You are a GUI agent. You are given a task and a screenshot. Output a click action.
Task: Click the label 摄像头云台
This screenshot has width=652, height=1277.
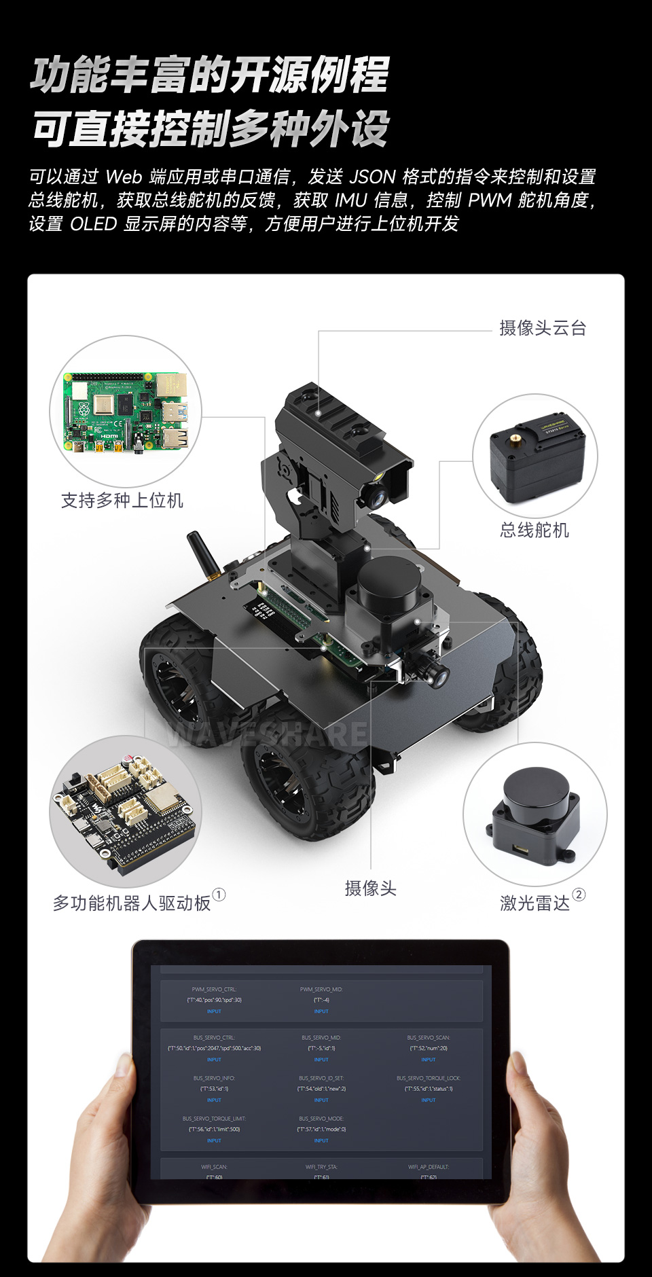pyautogui.click(x=542, y=328)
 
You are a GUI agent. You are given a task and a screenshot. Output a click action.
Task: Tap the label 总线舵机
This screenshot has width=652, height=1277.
pyautogui.click(x=535, y=530)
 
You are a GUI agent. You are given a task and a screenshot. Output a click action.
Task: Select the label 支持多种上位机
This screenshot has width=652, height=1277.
pyautogui.click(x=122, y=501)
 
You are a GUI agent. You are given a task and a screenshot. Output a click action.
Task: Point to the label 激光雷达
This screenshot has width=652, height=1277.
pyautogui.click(x=535, y=903)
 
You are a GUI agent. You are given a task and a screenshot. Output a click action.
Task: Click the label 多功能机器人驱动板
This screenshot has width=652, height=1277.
pyautogui.click(x=132, y=903)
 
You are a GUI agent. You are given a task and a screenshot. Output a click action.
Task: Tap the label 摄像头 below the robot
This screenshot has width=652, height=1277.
pyautogui.click(x=370, y=888)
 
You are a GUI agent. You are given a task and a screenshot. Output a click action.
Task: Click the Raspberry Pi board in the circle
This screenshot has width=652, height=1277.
pyautogui.click(x=126, y=411)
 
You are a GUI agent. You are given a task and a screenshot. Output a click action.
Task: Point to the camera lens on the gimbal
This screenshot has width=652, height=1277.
pyautogui.click(x=376, y=496)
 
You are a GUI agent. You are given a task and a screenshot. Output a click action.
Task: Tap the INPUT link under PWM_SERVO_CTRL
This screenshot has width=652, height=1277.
pyautogui.click(x=214, y=1011)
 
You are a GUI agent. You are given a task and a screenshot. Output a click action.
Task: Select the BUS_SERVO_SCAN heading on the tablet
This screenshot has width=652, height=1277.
pyautogui.click(x=429, y=1038)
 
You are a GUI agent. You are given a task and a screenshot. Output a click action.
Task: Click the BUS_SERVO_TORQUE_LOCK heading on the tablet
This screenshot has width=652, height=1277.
pyautogui.click(x=429, y=1078)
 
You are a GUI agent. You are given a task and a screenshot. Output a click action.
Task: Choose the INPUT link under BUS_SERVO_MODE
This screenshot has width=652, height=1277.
pyautogui.click(x=321, y=1140)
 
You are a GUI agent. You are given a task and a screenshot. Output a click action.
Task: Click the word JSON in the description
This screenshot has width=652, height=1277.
pyautogui.click(x=372, y=177)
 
